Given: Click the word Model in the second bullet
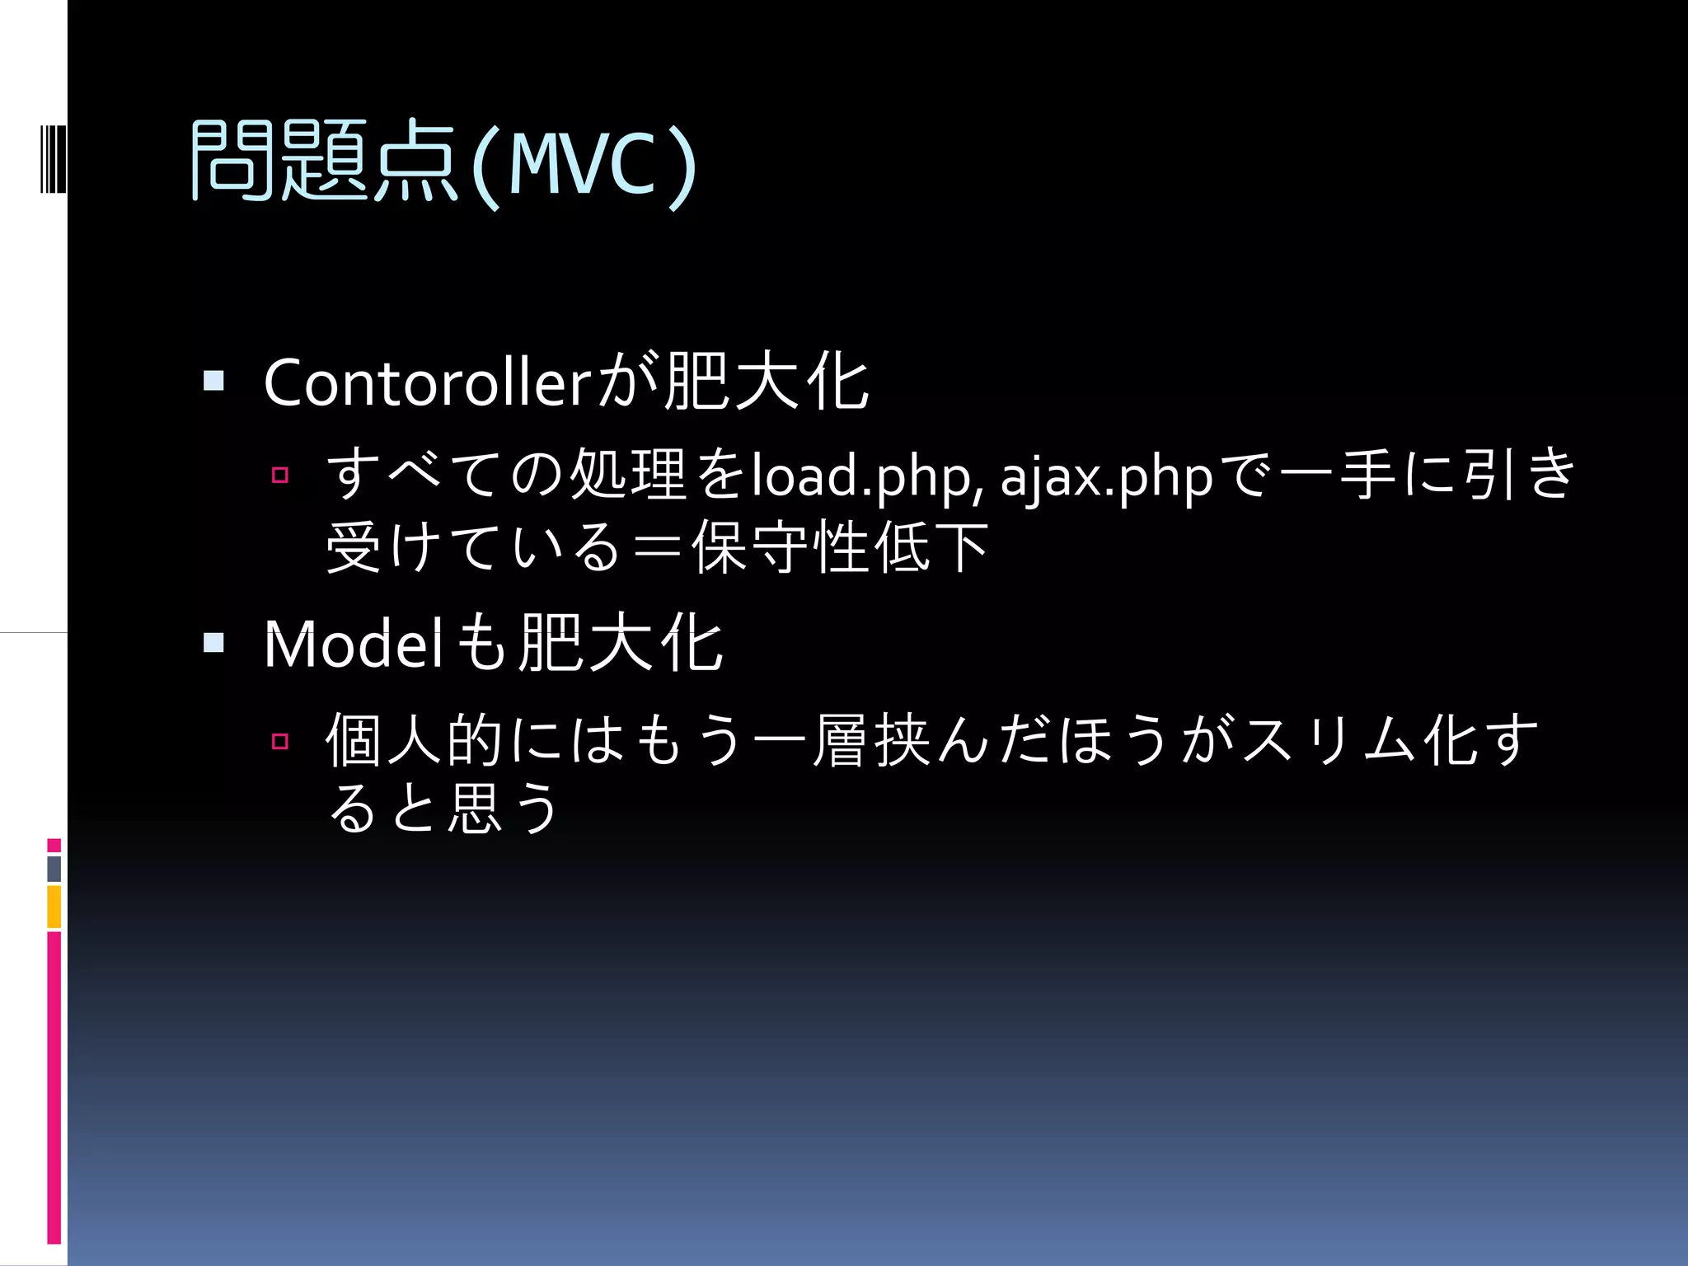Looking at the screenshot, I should tap(354, 645).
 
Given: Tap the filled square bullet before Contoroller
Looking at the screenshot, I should tap(213, 381).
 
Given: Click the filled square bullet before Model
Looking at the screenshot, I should tap(213, 642).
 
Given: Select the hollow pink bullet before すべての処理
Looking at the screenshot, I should tap(280, 475).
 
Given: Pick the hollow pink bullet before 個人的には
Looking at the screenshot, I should tap(280, 741).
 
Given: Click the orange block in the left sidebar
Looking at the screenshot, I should tap(54, 907).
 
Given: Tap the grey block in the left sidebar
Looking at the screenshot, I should tap(54, 869).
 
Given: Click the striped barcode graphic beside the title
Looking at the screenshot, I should tap(53, 157).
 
